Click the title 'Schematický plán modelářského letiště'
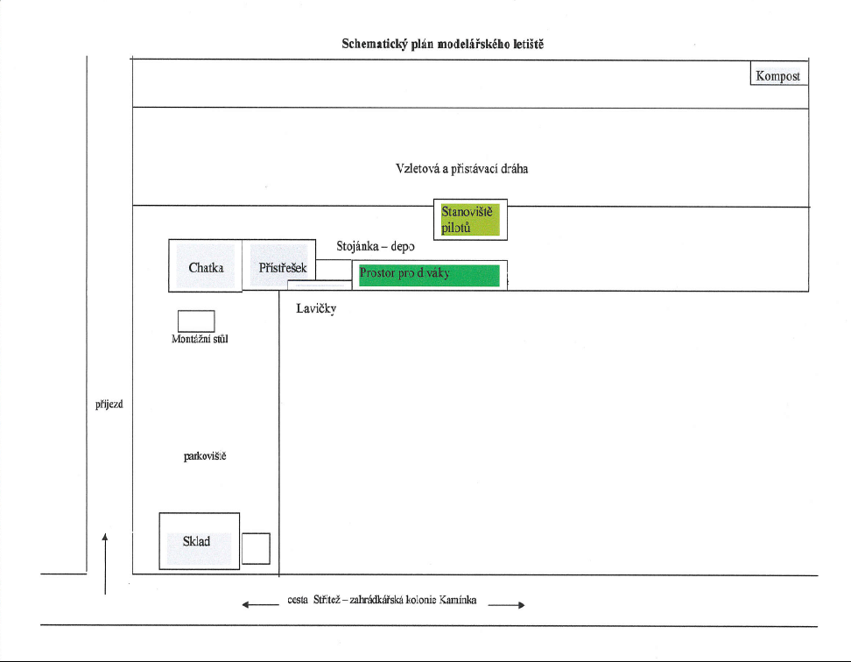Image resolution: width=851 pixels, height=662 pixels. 442,44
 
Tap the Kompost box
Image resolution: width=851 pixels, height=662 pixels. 779,74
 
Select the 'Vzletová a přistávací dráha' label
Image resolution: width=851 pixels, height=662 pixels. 462,169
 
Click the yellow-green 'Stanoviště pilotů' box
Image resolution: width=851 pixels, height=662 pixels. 470,220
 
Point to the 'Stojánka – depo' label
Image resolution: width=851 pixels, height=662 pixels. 376,246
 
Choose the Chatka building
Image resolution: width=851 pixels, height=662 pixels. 205,266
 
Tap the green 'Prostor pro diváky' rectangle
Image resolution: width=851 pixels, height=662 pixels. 429,275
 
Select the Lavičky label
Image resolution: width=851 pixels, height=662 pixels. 316,309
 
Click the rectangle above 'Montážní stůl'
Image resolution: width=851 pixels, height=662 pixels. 196,321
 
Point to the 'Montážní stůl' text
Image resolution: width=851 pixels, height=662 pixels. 200,339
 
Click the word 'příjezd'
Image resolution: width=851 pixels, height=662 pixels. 109,405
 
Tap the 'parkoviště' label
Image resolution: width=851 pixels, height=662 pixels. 205,456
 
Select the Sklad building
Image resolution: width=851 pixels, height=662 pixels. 200,541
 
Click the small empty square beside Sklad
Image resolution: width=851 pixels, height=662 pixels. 256,548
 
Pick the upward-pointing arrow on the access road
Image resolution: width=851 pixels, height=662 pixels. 105,564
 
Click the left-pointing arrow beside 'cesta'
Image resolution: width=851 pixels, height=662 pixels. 261,604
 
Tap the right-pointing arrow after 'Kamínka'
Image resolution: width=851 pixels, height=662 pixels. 506,605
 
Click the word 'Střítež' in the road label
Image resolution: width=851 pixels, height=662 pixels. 327,600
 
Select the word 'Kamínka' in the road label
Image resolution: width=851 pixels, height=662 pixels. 458,600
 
